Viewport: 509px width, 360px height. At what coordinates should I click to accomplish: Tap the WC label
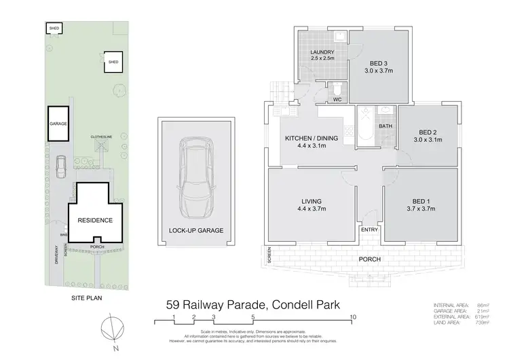pos(335,100)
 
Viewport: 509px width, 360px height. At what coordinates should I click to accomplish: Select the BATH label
pos(385,126)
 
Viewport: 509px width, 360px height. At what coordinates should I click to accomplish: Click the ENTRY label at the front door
pos(370,230)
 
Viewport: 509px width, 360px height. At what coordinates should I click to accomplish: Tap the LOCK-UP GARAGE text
pos(195,230)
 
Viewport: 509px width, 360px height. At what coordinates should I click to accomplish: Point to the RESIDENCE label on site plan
pos(94,221)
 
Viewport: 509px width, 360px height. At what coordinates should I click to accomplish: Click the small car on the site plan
pos(60,164)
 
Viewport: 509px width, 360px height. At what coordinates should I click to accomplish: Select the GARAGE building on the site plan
pos(56,125)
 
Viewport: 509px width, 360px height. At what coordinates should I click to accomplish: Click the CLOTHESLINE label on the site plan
pos(100,137)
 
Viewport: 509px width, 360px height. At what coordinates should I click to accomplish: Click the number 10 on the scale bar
pos(353,317)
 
